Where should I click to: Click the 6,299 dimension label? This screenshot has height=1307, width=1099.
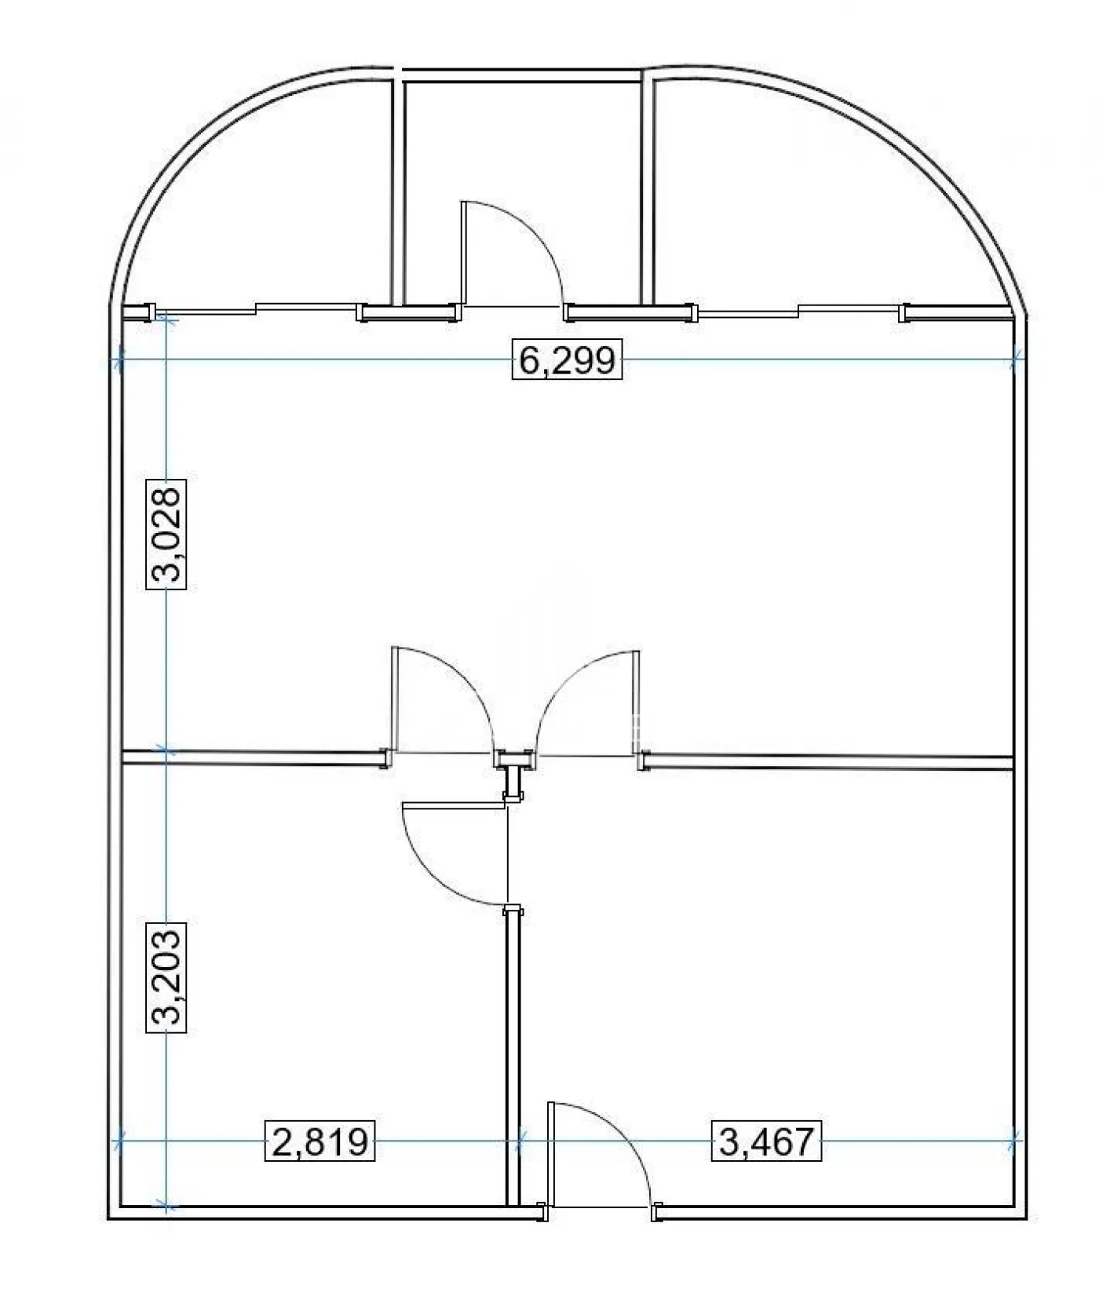[x=567, y=360]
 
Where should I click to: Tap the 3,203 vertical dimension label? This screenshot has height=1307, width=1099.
[x=167, y=977]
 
